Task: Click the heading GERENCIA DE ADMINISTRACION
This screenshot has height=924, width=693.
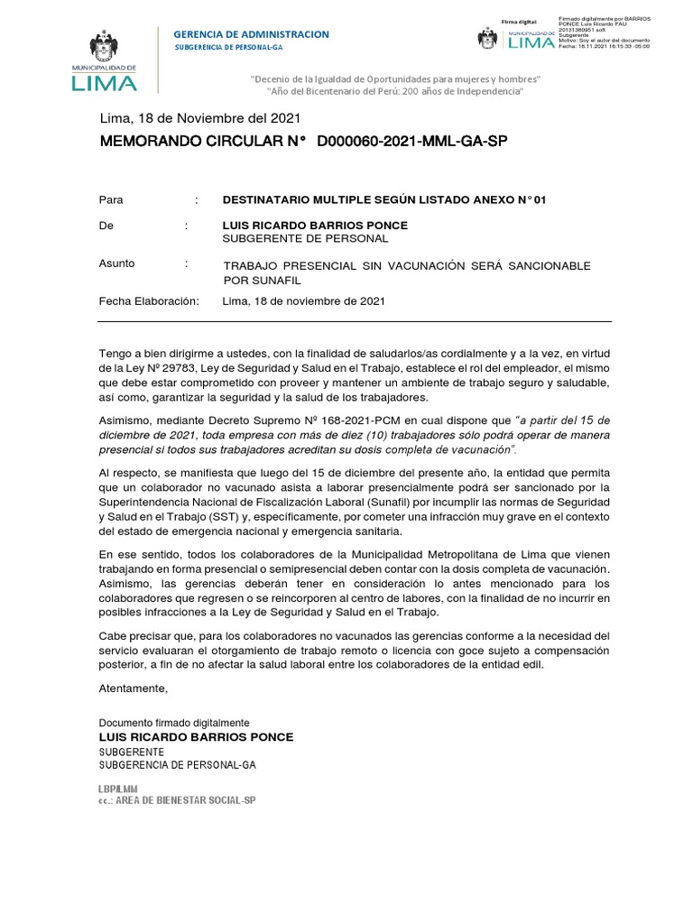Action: tap(251, 34)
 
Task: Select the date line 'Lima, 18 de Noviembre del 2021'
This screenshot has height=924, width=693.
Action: tap(199, 118)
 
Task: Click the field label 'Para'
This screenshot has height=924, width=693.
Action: tap(111, 200)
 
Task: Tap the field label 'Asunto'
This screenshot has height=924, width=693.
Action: tap(116, 263)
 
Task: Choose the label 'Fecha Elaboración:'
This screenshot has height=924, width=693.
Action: tap(148, 301)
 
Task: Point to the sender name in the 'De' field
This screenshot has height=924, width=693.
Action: tap(315, 225)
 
